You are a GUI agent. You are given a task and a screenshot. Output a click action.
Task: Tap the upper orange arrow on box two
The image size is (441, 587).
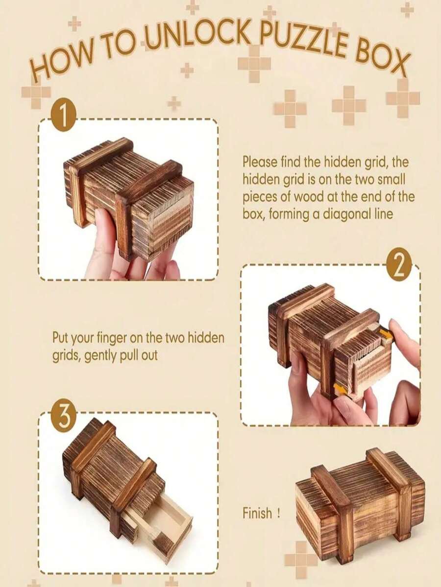(x=386, y=334)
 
